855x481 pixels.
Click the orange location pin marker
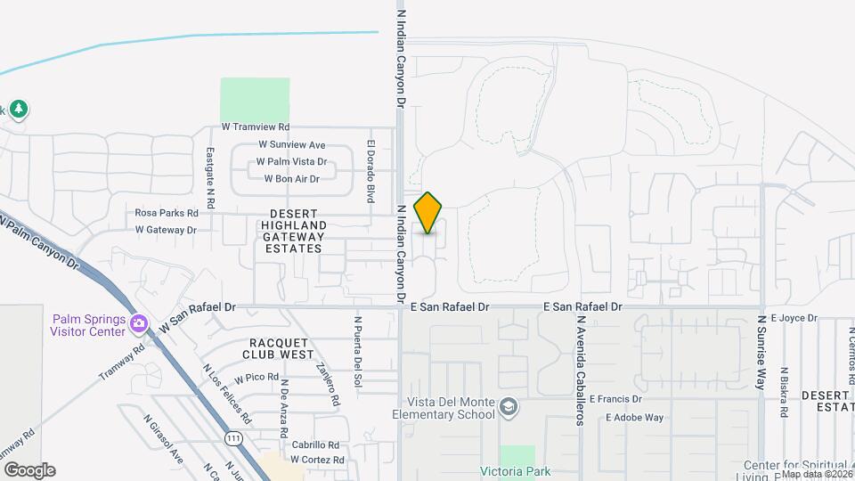point(428,212)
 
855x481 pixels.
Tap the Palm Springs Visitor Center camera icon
point(138,322)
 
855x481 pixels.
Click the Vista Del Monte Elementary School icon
point(508,407)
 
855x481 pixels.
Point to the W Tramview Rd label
point(256,128)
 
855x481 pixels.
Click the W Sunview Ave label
point(292,145)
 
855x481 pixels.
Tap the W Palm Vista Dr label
point(291,162)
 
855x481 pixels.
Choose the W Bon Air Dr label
point(291,179)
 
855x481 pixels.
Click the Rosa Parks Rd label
point(166,213)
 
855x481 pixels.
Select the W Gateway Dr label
point(166,230)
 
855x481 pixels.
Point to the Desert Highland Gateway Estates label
point(293,232)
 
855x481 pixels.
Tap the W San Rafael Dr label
point(198,307)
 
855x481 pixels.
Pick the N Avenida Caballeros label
point(580,370)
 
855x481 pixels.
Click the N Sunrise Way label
point(761,352)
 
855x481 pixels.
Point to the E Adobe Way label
point(634,417)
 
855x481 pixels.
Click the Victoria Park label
point(516,471)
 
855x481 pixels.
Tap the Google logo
point(29,470)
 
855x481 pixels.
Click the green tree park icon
point(19,109)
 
